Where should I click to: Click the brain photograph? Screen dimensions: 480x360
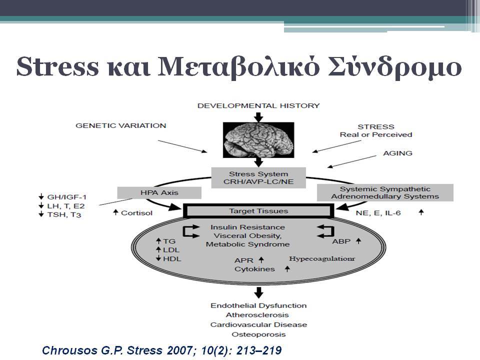coord(258,140)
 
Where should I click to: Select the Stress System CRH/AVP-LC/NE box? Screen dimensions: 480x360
coord(258,178)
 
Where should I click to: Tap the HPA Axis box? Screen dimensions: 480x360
coord(159,193)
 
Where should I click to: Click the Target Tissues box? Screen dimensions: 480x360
coord(258,211)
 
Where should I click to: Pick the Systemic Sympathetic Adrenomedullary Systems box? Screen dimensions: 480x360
coord(385,192)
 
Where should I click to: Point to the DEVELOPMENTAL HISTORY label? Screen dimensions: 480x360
coord(258,106)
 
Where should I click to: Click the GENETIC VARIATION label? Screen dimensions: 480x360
coord(121,125)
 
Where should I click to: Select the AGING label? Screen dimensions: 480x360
coord(397,153)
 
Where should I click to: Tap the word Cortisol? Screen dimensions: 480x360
coord(136,213)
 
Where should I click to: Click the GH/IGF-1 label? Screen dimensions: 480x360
coord(66,197)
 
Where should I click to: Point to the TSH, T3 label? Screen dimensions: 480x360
coord(64,214)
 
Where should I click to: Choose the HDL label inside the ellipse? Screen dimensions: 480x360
coord(172,258)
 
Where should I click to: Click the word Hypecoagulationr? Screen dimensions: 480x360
coord(322,259)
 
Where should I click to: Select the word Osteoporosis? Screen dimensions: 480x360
coord(258,334)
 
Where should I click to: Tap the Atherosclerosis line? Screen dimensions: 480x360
coord(257,314)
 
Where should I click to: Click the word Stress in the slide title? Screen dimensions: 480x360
coord(57,66)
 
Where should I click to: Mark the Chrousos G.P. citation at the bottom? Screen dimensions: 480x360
coord(161,350)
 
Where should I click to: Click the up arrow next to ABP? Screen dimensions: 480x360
coord(358,241)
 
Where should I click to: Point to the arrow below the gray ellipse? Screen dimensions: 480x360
coord(258,292)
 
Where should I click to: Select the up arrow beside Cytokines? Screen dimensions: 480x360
coord(287,269)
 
